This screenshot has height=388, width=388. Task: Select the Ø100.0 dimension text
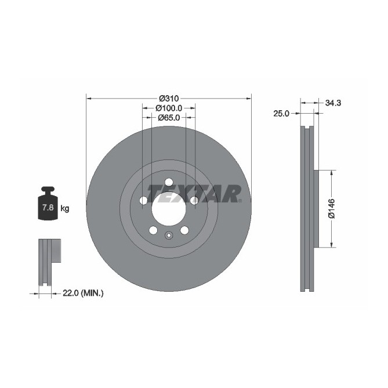pos(169,107)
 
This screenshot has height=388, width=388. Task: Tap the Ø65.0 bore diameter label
pos(169,117)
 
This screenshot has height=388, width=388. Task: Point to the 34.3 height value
pos(332,103)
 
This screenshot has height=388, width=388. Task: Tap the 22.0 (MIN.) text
pos(82,293)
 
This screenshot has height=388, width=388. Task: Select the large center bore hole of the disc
pos(169,206)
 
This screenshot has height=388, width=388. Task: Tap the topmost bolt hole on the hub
pos(169,181)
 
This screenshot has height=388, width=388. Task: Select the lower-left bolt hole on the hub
pos(153,230)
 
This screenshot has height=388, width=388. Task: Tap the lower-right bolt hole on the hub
pos(184,230)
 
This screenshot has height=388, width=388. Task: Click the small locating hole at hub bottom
pos(169,235)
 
